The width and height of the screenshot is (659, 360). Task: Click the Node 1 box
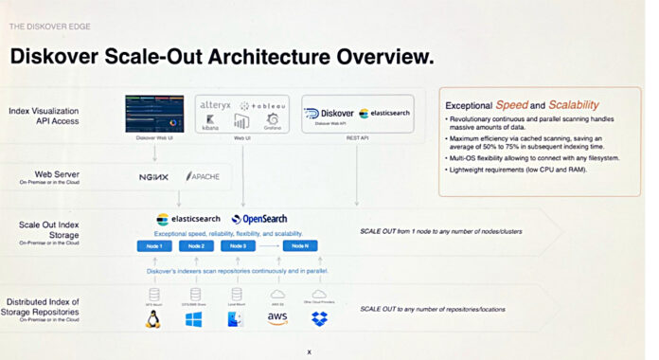(154, 245)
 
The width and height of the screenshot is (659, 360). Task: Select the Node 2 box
(195, 245)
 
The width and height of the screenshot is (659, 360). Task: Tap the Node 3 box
(238, 245)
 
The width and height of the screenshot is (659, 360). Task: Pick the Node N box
(300, 245)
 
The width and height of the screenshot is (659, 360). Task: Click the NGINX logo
(153, 177)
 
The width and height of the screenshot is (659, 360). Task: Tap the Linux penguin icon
(152, 319)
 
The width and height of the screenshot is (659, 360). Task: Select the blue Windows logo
(194, 319)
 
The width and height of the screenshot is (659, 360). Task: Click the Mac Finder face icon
(236, 319)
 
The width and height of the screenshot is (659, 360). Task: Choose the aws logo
(277, 319)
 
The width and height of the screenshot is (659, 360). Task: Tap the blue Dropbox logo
(319, 319)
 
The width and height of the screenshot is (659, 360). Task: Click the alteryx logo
(217, 106)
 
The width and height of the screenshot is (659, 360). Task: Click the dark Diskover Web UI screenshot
(154, 114)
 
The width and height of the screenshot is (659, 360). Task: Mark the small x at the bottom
(309, 351)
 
